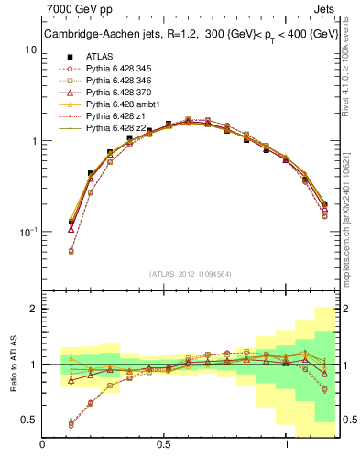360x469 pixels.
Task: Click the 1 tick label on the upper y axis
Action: point(33,141)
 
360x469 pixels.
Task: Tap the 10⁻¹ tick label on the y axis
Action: point(27,232)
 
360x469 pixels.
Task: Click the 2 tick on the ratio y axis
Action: point(33,309)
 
